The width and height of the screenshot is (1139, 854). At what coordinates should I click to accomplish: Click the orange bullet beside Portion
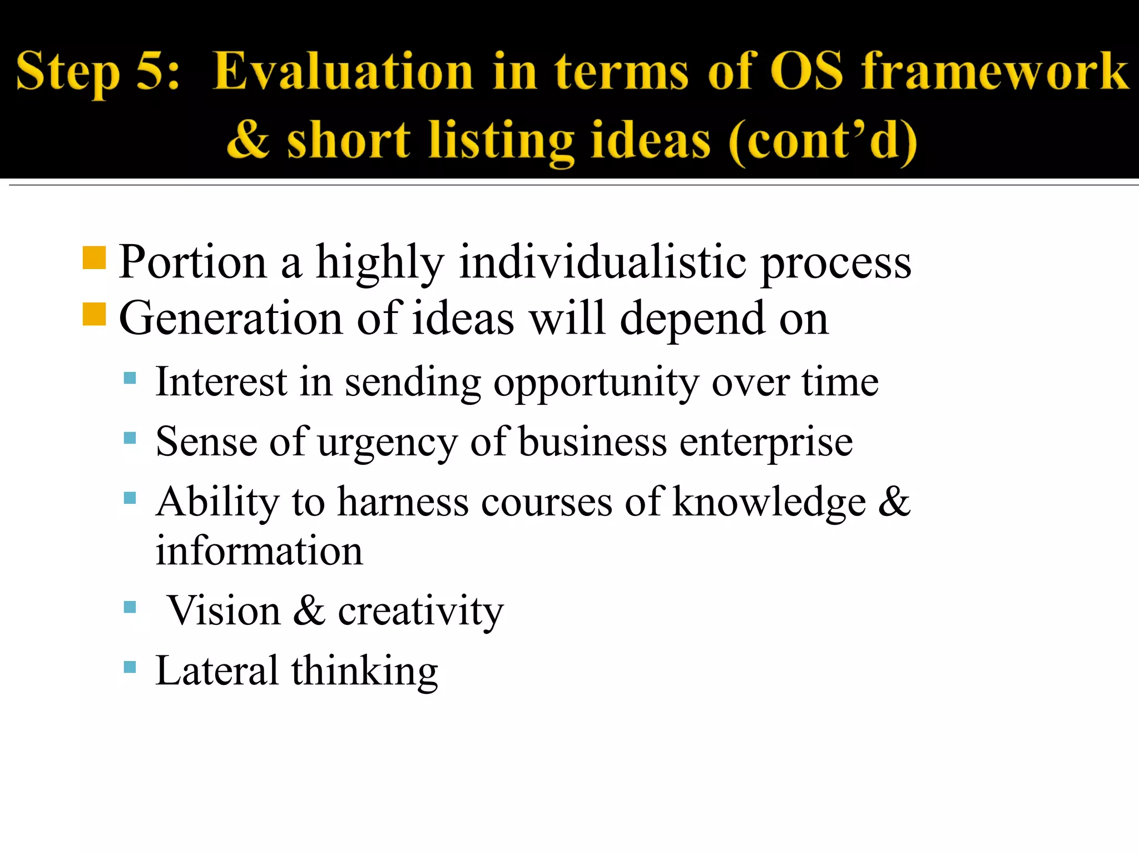[94, 258]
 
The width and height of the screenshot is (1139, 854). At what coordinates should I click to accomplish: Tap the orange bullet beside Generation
[94, 314]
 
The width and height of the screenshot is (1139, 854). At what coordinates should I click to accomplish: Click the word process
[835, 264]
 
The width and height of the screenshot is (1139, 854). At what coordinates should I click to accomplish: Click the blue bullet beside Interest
[130, 379]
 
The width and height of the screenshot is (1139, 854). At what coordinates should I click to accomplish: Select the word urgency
[387, 444]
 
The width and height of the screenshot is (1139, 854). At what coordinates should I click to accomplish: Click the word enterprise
[766, 444]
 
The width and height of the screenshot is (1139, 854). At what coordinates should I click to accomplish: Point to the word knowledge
[769, 503]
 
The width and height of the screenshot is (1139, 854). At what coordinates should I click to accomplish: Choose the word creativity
[420, 612]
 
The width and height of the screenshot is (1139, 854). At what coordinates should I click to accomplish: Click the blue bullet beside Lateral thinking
[130, 667]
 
